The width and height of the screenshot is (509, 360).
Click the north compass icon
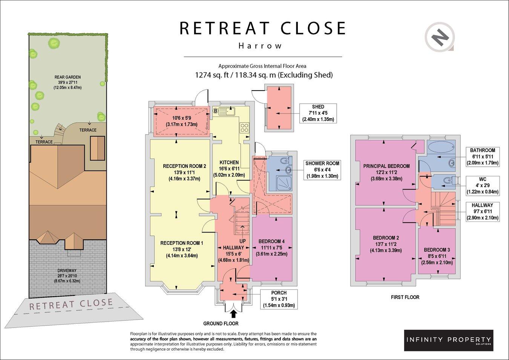(x=440, y=37)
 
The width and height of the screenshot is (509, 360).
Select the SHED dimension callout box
(x=318, y=113)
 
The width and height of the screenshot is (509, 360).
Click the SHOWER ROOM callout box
(x=322, y=170)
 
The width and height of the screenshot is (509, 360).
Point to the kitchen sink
(x=227, y=111)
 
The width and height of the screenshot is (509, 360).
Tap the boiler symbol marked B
(x=216, y=111)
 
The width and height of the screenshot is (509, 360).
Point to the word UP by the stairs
(x=243, y=241)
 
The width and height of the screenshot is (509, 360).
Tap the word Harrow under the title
(x=260, y=46)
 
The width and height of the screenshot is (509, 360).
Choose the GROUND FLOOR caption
(x=221, y=323)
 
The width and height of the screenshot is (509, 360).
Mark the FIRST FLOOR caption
(x=405, y=297)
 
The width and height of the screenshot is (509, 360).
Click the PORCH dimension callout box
(x=279, y=299)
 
